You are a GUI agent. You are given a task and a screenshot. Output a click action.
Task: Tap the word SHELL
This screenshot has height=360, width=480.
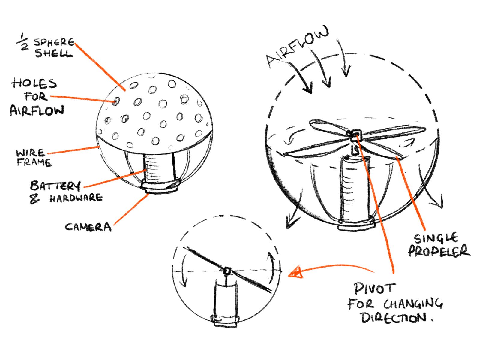54,54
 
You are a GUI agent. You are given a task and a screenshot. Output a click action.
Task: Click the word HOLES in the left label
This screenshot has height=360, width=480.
34,83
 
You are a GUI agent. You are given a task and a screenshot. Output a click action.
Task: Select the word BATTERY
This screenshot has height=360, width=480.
55,186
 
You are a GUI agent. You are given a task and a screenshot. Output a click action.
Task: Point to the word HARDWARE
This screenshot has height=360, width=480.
76,198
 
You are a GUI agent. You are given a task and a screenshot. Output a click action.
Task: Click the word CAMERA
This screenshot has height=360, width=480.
88,227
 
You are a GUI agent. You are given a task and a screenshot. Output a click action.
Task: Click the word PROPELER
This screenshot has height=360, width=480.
439,251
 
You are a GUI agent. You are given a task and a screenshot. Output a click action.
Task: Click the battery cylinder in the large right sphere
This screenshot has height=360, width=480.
355,189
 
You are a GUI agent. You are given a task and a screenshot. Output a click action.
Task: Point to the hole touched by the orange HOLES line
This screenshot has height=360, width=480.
116,101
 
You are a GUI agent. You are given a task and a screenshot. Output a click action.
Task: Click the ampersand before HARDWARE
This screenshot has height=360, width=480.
34,199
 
